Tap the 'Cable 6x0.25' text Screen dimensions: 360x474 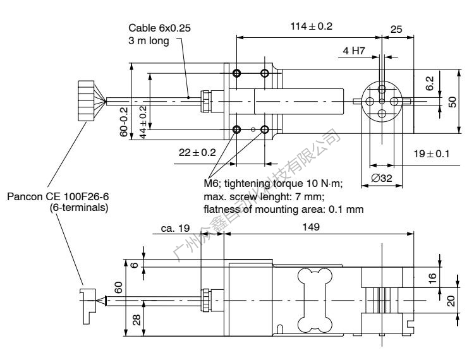154,29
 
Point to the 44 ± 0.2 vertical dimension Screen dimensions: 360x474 143,122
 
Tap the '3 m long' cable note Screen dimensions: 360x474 147,41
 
